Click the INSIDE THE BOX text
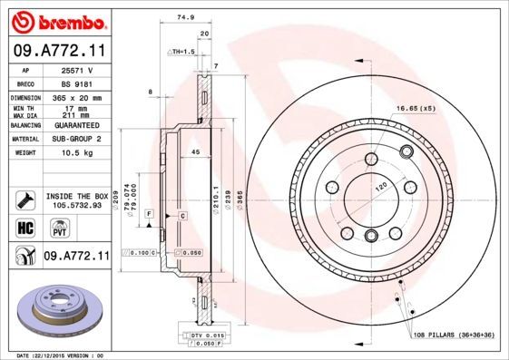76,196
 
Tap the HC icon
25,227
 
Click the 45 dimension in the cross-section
195,152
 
